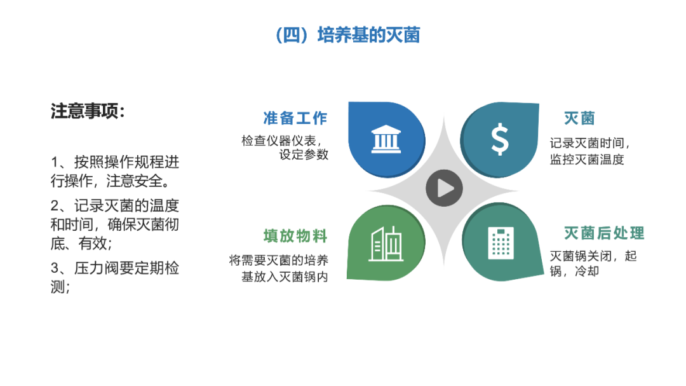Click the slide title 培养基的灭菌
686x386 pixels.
(x=368, y=35)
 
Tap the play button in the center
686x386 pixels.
(x=444, y=188)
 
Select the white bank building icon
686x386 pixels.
(x=386, y=139)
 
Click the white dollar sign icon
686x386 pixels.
(x=500, y=139)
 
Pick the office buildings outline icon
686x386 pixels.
(x=386, y=244)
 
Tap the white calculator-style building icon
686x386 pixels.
(x=501, y=243)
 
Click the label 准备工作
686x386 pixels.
(x=295, y=118)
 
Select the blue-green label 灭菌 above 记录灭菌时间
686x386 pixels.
(x=579, y=118)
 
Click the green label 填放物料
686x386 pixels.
(x=295, y=236)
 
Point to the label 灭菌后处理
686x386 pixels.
(x=604, y=233)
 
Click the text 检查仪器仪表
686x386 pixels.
(x=279, y=141)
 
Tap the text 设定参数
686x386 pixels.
(x=304, y=155)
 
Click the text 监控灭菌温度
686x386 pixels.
(x=587, y=160)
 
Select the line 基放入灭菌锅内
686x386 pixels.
(x=285, y=277)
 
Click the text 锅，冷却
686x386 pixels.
(x=574, y=271)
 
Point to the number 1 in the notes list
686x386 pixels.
(x=55, y=162)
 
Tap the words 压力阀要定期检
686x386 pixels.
(x=126, y=268)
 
